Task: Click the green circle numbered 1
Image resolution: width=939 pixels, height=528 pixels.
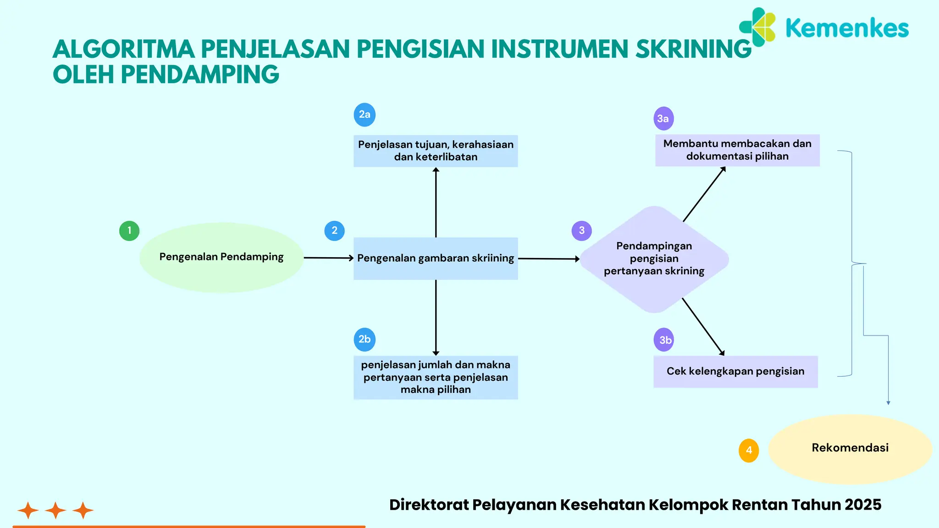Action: coord(129,231)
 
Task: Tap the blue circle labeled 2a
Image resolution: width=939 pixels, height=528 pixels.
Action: coord(365,115)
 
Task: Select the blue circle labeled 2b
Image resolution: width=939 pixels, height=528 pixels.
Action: coord(365,340)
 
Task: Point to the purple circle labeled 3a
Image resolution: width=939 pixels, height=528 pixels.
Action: coord(663,119)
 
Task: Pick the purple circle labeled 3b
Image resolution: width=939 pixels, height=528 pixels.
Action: coord(664,340)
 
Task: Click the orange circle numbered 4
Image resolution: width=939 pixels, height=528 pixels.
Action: coord(749,451)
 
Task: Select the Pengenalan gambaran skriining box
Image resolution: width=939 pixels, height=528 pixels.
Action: coord(436,258)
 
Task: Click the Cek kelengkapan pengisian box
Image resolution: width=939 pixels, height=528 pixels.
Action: coord(735,372)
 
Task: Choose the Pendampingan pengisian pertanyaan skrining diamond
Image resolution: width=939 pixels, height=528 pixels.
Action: coord(654,259)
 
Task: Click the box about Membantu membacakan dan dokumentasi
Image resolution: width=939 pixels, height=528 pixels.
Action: coord(737,150)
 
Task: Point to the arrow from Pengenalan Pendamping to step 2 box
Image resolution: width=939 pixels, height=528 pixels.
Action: coord(328,258)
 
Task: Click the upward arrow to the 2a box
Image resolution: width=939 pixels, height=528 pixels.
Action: coord(436,202)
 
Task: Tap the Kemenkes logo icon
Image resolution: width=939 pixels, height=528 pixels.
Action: coord(758,27)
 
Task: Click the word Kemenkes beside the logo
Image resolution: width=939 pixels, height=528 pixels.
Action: coord(847,28)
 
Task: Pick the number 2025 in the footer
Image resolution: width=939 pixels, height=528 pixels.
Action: coord(863,505)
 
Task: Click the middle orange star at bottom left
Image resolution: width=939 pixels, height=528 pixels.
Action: coord(55,510)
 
